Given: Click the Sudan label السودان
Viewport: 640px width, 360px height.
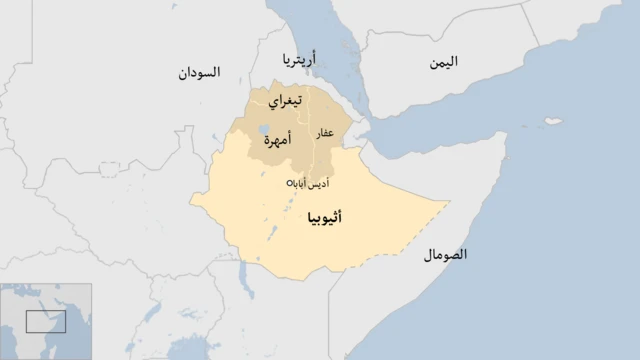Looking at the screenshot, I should (x=198, y=73).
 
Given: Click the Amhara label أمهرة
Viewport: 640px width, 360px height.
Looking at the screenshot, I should (x=277, y=141).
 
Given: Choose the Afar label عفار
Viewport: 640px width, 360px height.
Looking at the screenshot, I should (x=325, y=133).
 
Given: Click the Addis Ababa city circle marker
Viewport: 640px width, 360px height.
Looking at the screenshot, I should (x=290, y=183).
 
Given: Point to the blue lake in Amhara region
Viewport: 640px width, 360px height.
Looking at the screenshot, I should (x=262, y=130).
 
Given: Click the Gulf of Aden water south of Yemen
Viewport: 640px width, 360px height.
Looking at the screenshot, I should (x=440, y=120).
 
